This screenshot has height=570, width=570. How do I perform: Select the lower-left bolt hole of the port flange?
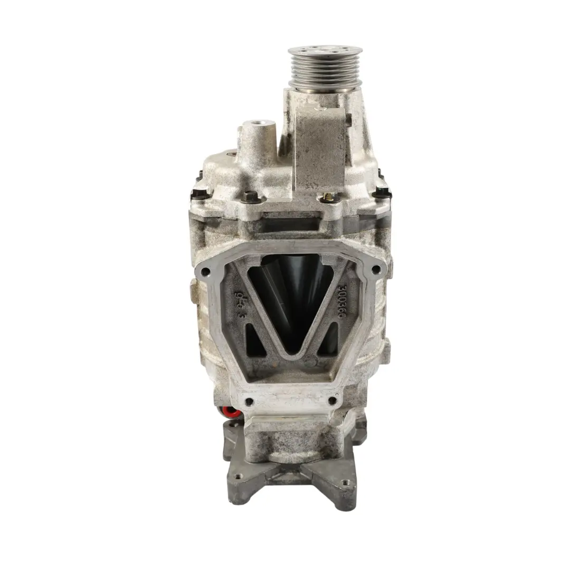(x=249, y=402)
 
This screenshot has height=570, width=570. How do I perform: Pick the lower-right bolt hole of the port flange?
(x=332, y=401)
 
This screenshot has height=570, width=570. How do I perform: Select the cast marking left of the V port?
(x=239, y=306)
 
